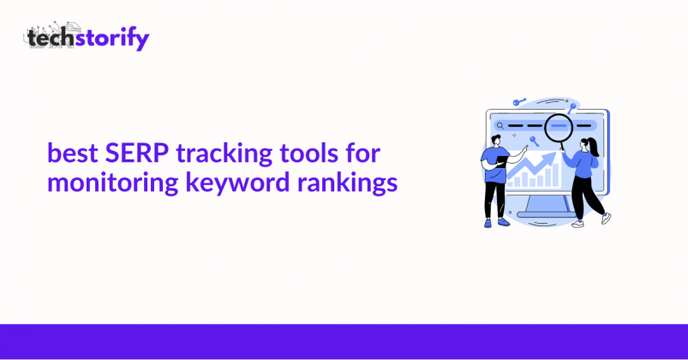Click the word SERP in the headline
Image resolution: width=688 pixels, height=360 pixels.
[x=137, y=153]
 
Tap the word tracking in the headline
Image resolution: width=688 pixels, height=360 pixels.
[x=224, y=155]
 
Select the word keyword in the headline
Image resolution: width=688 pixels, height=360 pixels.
[x=237, y=182]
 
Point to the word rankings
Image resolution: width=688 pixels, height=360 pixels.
[x=347, y=183]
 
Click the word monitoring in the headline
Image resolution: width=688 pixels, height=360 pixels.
[x=112, y=183]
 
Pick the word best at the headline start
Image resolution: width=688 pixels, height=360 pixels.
[x=72, y=153]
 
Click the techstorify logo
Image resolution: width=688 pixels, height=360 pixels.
[x=87, y=36]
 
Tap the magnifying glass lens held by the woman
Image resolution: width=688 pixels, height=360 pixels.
[x=559, y=127]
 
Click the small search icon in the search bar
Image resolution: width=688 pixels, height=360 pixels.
[x=500, y=126]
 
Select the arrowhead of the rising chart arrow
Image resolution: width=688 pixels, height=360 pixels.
[x=549, y=158]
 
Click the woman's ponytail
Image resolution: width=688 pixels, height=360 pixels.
[x=594, y=147]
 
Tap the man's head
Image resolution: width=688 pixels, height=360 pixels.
[x=495, y=141]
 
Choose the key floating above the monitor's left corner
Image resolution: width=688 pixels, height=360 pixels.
[x=519, y=102]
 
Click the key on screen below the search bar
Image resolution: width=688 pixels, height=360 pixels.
[x=534, y=141]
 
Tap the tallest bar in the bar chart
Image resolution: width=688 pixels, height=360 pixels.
[x=555, y=174]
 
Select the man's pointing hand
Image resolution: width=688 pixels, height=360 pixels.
[x=523, y=148]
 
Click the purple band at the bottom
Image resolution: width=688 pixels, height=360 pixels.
[x=344, y=341]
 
